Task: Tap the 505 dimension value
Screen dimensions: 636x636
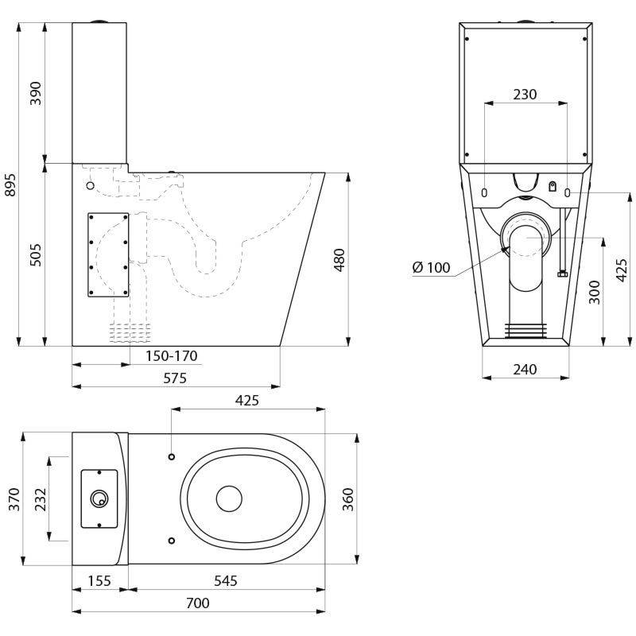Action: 36,254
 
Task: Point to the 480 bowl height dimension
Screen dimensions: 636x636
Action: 339,259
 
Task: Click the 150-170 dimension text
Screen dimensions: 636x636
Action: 171,356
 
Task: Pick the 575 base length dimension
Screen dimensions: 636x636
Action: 174,378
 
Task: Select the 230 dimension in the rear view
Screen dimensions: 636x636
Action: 525,95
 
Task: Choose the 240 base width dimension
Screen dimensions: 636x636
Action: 525,369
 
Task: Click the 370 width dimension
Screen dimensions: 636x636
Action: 13,498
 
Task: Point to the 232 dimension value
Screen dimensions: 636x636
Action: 41,498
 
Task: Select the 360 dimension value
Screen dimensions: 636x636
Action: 347,498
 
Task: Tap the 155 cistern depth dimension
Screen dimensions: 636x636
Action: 99,581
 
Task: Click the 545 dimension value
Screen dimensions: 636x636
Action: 225,581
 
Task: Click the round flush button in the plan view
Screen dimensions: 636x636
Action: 99,498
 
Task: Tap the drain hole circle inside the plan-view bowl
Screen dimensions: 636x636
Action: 229,498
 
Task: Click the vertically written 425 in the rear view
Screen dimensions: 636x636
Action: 622,270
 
